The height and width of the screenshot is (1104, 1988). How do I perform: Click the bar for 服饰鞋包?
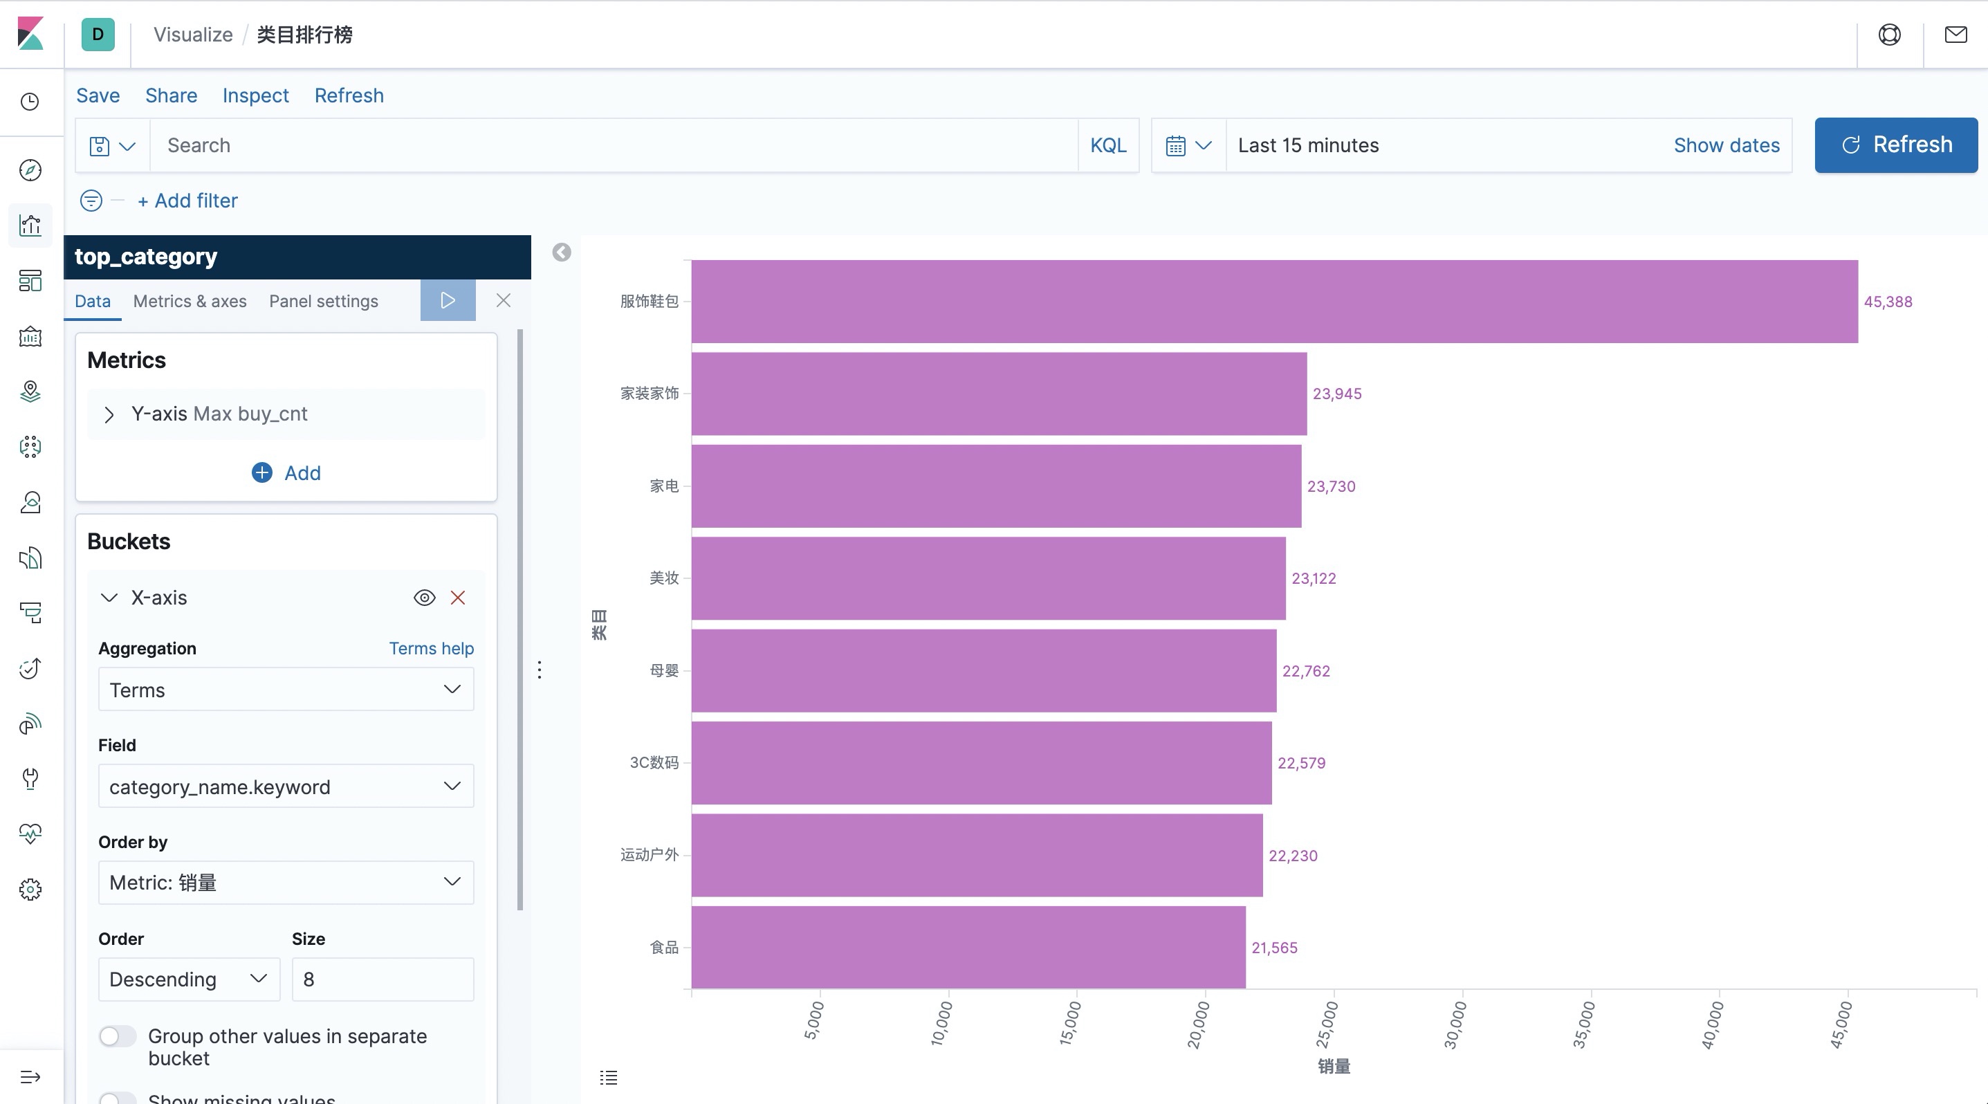click(1273, 302)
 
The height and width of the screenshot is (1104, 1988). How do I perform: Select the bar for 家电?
click(995, 486)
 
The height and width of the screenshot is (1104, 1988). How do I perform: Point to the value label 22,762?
click(1306, 671)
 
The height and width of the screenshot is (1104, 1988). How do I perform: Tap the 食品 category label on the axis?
click(663, 948)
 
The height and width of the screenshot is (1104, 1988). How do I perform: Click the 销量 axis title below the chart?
click(1334, 1066)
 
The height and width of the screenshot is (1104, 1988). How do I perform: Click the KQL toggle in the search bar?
click(1107, 145)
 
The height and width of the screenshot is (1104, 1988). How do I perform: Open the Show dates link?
click(1727, 145)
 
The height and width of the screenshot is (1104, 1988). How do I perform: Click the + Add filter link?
click(187, 201)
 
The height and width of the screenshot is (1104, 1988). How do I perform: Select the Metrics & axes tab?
click(190, 301)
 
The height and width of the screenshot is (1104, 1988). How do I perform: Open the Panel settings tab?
click(323, 301)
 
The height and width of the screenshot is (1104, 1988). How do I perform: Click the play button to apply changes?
click(448, 300)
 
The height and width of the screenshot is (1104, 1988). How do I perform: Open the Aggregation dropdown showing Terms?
click(286, 690)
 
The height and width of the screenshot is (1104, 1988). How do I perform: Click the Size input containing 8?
click(383, 979)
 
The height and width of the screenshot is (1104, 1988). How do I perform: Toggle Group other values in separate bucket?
click(118, 1036)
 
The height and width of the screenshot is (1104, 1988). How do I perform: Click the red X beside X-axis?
click(458, 598)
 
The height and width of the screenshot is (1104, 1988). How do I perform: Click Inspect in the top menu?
click(255, 95)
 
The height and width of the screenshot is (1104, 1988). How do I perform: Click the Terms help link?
click(431, 648)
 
